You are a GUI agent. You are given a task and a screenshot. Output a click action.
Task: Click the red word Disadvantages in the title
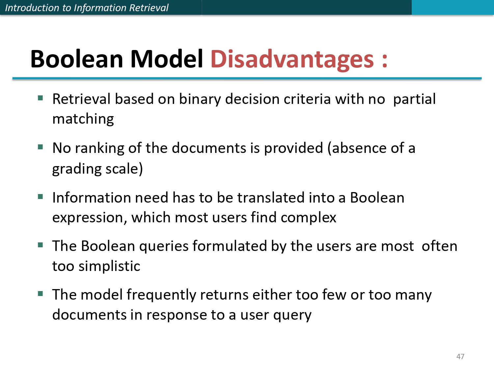(x=292, y=59)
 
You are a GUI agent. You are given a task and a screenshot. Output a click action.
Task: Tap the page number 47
(x=460, y=357)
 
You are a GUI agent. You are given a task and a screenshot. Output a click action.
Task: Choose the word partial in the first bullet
(x=414, y=99)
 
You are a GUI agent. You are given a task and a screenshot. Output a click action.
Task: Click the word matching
(x=83, y=119)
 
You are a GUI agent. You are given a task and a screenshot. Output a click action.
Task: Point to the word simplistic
(x=109, y=266)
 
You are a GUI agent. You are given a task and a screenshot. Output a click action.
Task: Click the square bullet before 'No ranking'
(x=41, y=147)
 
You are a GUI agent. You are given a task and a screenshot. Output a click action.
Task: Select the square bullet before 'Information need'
(x=41, y=197)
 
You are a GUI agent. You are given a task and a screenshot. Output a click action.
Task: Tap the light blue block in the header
(x=453, y=7)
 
